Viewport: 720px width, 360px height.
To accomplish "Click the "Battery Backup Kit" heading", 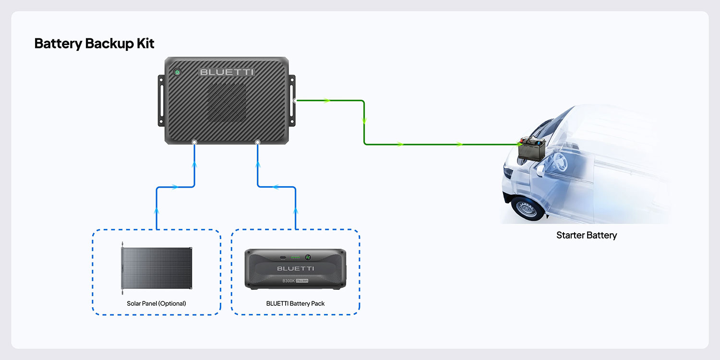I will pyautogui.click(x=94, y=44).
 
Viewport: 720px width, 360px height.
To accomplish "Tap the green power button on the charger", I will pyautogui.click(x=177, y=72).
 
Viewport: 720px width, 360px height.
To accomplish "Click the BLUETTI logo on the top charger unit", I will pyautogui.click(x=227, y=72).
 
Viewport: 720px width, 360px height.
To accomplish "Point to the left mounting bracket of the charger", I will pyautogui.click(x=161, y=100).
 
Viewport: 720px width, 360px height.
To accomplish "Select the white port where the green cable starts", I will pyautogui.click(x=295, y=101).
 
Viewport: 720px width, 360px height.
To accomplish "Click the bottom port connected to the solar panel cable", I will pyautogui.click(x=194, y=143).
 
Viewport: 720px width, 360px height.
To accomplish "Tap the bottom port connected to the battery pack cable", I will pyautogui.click(x=258, y=143).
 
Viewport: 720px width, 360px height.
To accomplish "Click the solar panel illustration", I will pyautogui.click(x=157, y=267).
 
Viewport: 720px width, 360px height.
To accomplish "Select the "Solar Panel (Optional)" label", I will pyautogui.click(x=156, y=303).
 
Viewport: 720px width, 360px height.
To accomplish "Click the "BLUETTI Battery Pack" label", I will pyautogui.click(x=295, y=303).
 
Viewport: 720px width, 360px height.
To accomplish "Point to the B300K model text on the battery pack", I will pyautogui.click(x=288, y=281).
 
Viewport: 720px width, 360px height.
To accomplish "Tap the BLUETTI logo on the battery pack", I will pyautogui.click(x=295, y=268).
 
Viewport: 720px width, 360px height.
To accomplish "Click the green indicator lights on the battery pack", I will pyautogui.click(x=295, y=257).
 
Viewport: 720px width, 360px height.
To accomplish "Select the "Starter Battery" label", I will pyautogui.click(x=586, y=235).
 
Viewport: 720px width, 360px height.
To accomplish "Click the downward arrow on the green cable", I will pyautogui.click(x=364, y=120).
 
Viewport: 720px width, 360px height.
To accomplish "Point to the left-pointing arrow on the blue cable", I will pyautogui.click(x=276, y=187).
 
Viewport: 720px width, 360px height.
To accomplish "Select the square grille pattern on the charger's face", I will pyautogui.click(x=227, y=103).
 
